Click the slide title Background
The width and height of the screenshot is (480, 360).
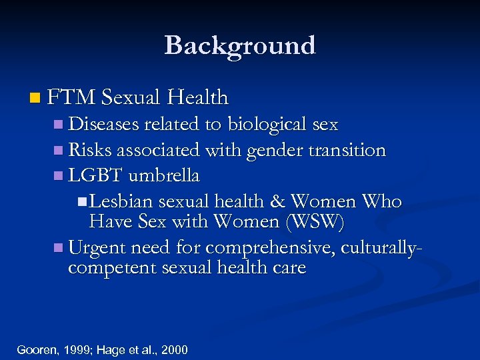click(x=239, y=45)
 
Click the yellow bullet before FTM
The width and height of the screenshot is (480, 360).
click(x=34, y=99)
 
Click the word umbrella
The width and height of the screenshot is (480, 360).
click(x=164, y=176)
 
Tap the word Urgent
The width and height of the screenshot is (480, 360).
click(x=97, y=248)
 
